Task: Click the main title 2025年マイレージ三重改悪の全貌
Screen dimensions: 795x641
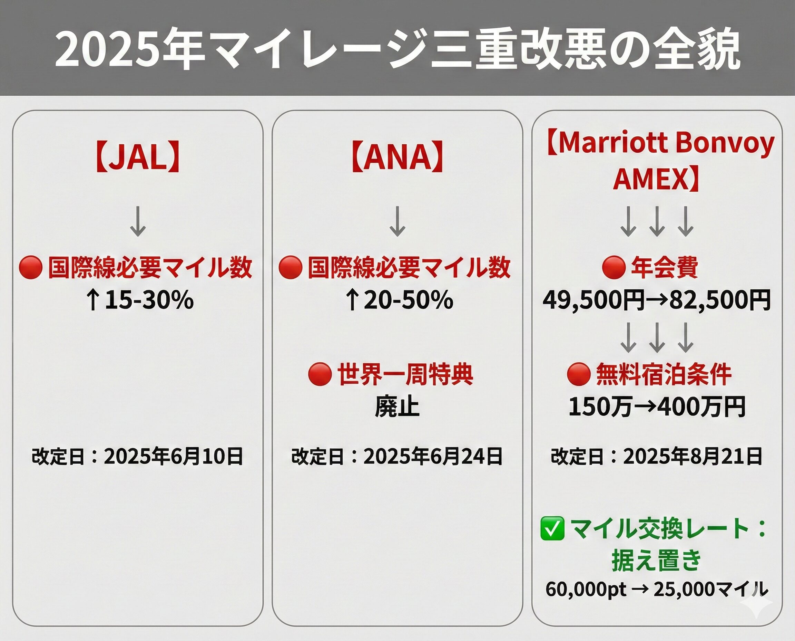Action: tap(397, 48)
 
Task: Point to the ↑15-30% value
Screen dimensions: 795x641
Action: tap(140, 300)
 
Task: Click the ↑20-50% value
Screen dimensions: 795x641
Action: tap(399, 300)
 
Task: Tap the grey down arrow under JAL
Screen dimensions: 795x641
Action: tap(138, 221)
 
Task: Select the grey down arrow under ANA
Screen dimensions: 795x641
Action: tap(397, 221)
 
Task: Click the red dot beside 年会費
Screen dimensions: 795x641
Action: tap(614, 267)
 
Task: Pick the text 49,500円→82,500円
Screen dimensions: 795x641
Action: tap(657, 300)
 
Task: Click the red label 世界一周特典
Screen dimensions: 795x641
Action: tap(405, 374)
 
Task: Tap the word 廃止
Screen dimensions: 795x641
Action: tap(397, 407)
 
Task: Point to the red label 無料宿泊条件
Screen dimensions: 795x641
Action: tap(664, 374)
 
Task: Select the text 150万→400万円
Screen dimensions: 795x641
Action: tap(657, 407)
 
